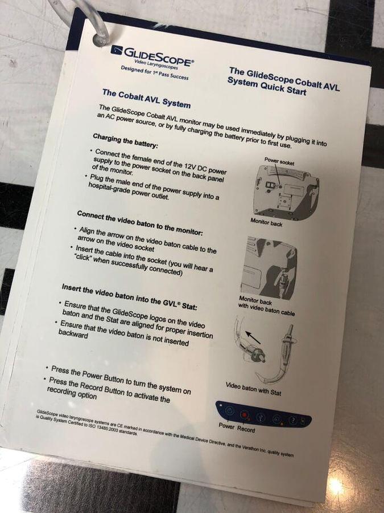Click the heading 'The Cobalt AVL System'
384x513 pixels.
point(146,98)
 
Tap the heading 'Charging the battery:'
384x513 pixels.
point(125,141)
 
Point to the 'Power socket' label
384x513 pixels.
point(279,161)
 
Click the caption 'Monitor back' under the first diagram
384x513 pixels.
point(266,222)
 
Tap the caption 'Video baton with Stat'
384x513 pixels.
point(253,389)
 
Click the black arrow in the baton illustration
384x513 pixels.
point(253,337)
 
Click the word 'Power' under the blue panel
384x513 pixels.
point(226,426)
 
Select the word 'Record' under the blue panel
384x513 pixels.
point(246,429)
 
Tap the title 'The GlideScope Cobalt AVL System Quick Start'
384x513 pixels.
point(283,81)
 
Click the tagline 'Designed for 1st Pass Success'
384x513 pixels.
point(154,72)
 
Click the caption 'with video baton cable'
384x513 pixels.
point(266,310)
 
